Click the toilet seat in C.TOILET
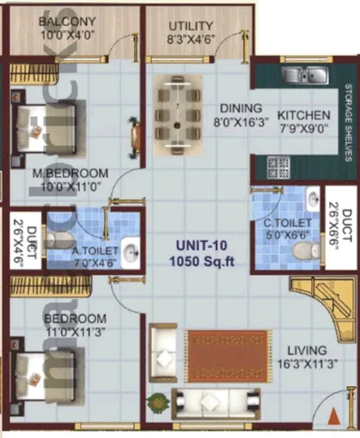tap(301, 226)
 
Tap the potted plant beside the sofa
tap(156, 401)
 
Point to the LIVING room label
tap(308, 350)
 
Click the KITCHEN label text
tap(304, 115)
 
